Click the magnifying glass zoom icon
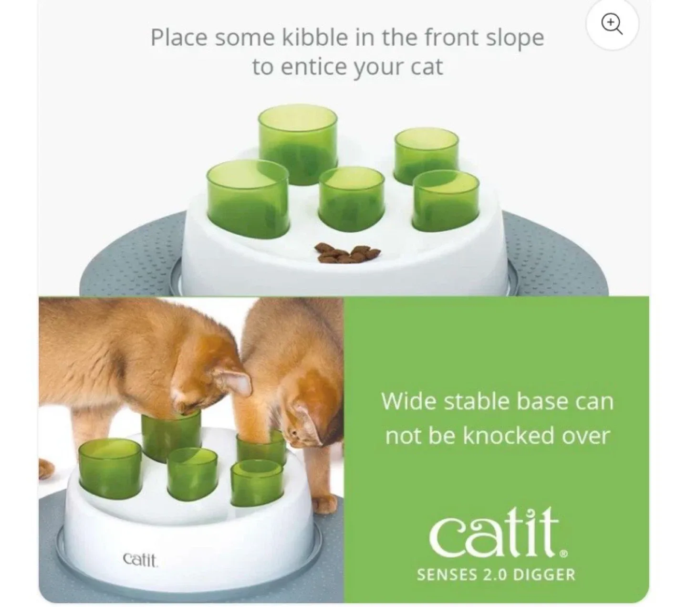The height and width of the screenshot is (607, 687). point(612,24)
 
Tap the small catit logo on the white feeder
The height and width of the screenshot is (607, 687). point(140,559)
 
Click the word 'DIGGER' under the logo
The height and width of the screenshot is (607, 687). point(547,574)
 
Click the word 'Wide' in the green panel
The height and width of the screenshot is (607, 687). point(408,402)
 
